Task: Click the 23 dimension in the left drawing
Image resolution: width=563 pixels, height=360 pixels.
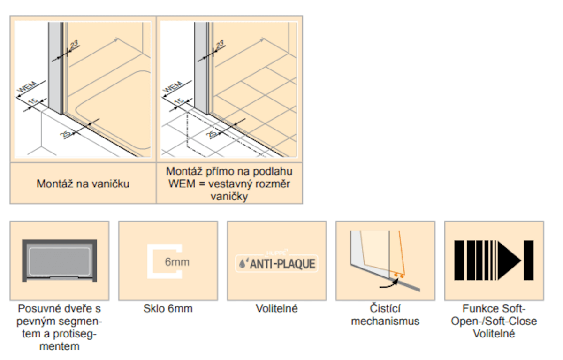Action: (74, 45)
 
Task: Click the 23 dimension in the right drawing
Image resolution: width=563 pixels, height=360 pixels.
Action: (220, 45)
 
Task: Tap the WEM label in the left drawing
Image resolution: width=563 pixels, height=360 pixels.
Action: (27, 87)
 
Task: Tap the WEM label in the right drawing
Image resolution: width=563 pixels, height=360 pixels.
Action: (173, 87)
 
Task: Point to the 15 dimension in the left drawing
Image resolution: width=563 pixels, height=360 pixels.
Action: (33, 101)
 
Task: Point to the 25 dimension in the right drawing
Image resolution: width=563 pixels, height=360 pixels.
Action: (212, 134)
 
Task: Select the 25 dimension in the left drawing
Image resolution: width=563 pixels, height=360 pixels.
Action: (65, 134)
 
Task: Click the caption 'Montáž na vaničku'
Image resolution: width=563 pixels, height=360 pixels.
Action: (83, 184)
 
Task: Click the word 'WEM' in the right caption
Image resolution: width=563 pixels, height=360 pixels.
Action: (182, 184)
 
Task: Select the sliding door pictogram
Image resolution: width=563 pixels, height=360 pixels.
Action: (59, 260)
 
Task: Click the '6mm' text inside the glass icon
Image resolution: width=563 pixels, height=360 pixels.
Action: (177, 262)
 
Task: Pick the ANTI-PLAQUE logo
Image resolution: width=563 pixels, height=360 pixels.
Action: (276, 263)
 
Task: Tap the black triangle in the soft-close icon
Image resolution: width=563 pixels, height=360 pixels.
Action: (509, 260)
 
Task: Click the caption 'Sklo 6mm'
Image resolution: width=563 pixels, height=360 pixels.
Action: (168, 308)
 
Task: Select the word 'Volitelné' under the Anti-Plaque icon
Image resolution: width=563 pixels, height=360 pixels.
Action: (276, 308)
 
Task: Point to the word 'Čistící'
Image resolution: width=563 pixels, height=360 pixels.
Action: (385, 308)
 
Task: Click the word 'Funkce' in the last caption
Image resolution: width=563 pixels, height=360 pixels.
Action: (478, 308)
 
